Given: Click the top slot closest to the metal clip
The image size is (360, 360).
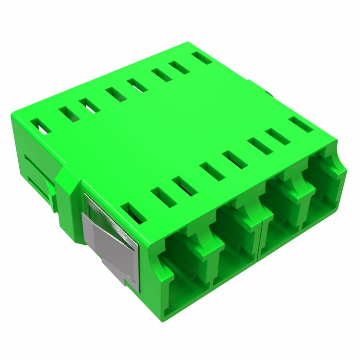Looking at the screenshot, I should tap(133, 214).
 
